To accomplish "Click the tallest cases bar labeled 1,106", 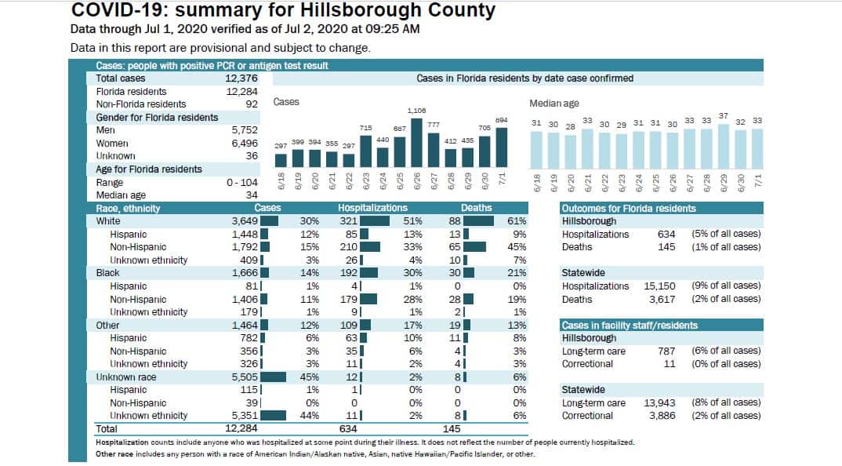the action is [x=416, y=143].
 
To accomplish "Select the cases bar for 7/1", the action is [x=502, y=147].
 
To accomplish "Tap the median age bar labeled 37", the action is [x=724, y=147].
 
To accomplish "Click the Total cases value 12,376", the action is [x=241, y=78].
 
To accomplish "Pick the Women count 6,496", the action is [x=245, y=144].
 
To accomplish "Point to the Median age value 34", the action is [x=252, y=195].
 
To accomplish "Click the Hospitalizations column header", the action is [x=372, y=208].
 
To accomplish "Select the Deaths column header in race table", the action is [x=477, y=208].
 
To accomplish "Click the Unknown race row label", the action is [x=126, y=377].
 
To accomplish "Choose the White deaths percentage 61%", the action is [x=517, y=221].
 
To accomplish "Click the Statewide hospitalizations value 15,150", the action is [x=659, y=286].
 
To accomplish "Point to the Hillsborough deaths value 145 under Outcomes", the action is [x=666, y=247].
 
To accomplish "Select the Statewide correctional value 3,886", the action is [x=662, y=416].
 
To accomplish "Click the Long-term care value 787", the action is [x=666, y=351].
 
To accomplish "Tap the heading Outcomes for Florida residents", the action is [x=629, y=209].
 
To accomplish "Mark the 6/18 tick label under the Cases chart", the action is [x=281, y=181].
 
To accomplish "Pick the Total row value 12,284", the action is [x=241, y=428].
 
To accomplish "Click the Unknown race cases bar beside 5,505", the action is [x=274, y=377].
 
